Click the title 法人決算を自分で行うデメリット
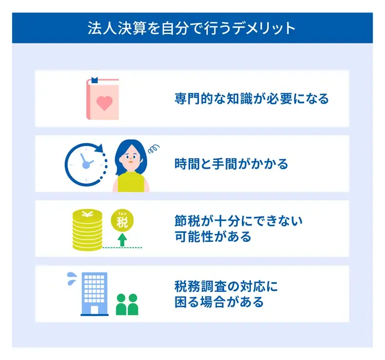point(192,27)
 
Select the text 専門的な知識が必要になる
point(251,99)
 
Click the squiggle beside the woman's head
point(154,147)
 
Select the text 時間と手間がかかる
point(231,164)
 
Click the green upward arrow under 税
point(122,240)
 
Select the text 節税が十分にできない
point(238,221)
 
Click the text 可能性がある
point(212,237)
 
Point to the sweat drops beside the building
point(71,279)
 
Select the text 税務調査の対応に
point(226,286)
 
